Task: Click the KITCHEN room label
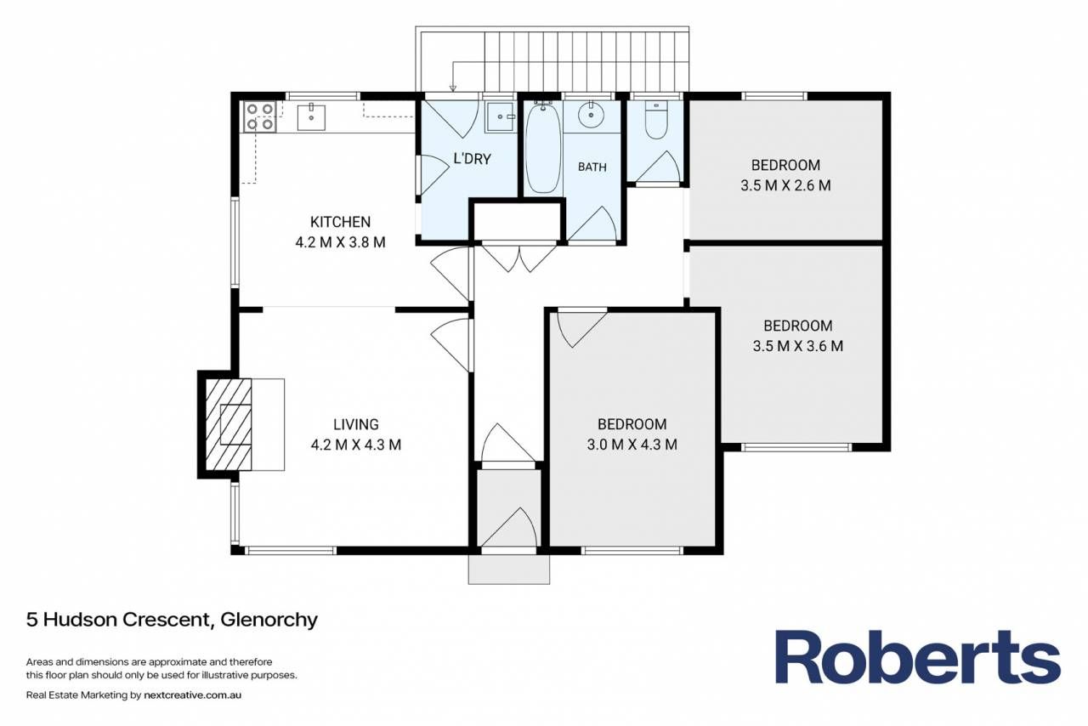point(340,222)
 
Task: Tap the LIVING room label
point(355,425)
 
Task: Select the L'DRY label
point(472,159)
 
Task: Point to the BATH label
point(592,167)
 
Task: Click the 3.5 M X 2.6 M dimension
point(785,185)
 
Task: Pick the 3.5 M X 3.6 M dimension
point(797,346)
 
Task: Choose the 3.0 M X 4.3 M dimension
point(632,445)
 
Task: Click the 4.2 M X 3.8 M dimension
point(340,242)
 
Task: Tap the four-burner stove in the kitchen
point(260,116)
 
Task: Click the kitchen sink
point(311,117)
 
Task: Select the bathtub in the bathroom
point(542,148)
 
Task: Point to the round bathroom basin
point(591,115)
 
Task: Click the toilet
point(656,120)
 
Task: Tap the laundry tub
point(501,116)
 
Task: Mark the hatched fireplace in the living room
point(229,424)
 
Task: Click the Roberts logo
point(917,657)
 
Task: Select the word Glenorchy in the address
point(269,620)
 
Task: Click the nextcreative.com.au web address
point(192,695)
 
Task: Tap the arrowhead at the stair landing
point(453,88)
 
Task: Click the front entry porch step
point(509,569)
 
